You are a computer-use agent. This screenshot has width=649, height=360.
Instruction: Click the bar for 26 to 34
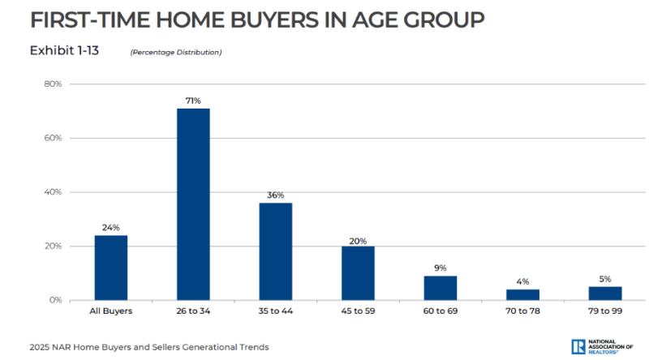pos(193,204)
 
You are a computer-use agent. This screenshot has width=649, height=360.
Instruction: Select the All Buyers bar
pos(110,268)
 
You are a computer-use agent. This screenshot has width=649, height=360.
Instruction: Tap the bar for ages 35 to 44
pos(275,251)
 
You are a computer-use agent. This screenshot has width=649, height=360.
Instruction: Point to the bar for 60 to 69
pos(440,288)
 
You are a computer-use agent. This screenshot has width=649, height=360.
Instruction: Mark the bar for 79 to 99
pos(605,294)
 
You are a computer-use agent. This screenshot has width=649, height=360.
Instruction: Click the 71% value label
pos(193,101)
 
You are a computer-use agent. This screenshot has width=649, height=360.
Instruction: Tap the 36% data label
pos(276,195)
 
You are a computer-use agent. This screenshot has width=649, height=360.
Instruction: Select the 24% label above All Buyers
pos(110,228)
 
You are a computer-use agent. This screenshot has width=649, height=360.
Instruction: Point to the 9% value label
pos(440,268)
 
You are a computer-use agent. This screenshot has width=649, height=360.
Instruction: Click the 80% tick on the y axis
pos(54,84)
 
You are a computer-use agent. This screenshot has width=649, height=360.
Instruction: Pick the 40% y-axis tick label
pos(54,192)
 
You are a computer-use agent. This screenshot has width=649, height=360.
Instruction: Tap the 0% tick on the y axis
pos(56,300)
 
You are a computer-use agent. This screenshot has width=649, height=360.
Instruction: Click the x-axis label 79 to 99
pos(605,311)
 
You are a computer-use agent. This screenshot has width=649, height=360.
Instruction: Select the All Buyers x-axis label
pos(110,311)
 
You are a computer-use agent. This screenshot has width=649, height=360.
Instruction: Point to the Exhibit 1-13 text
pos(65,51)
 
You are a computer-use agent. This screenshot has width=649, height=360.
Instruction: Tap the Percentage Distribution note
pos(176,53)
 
